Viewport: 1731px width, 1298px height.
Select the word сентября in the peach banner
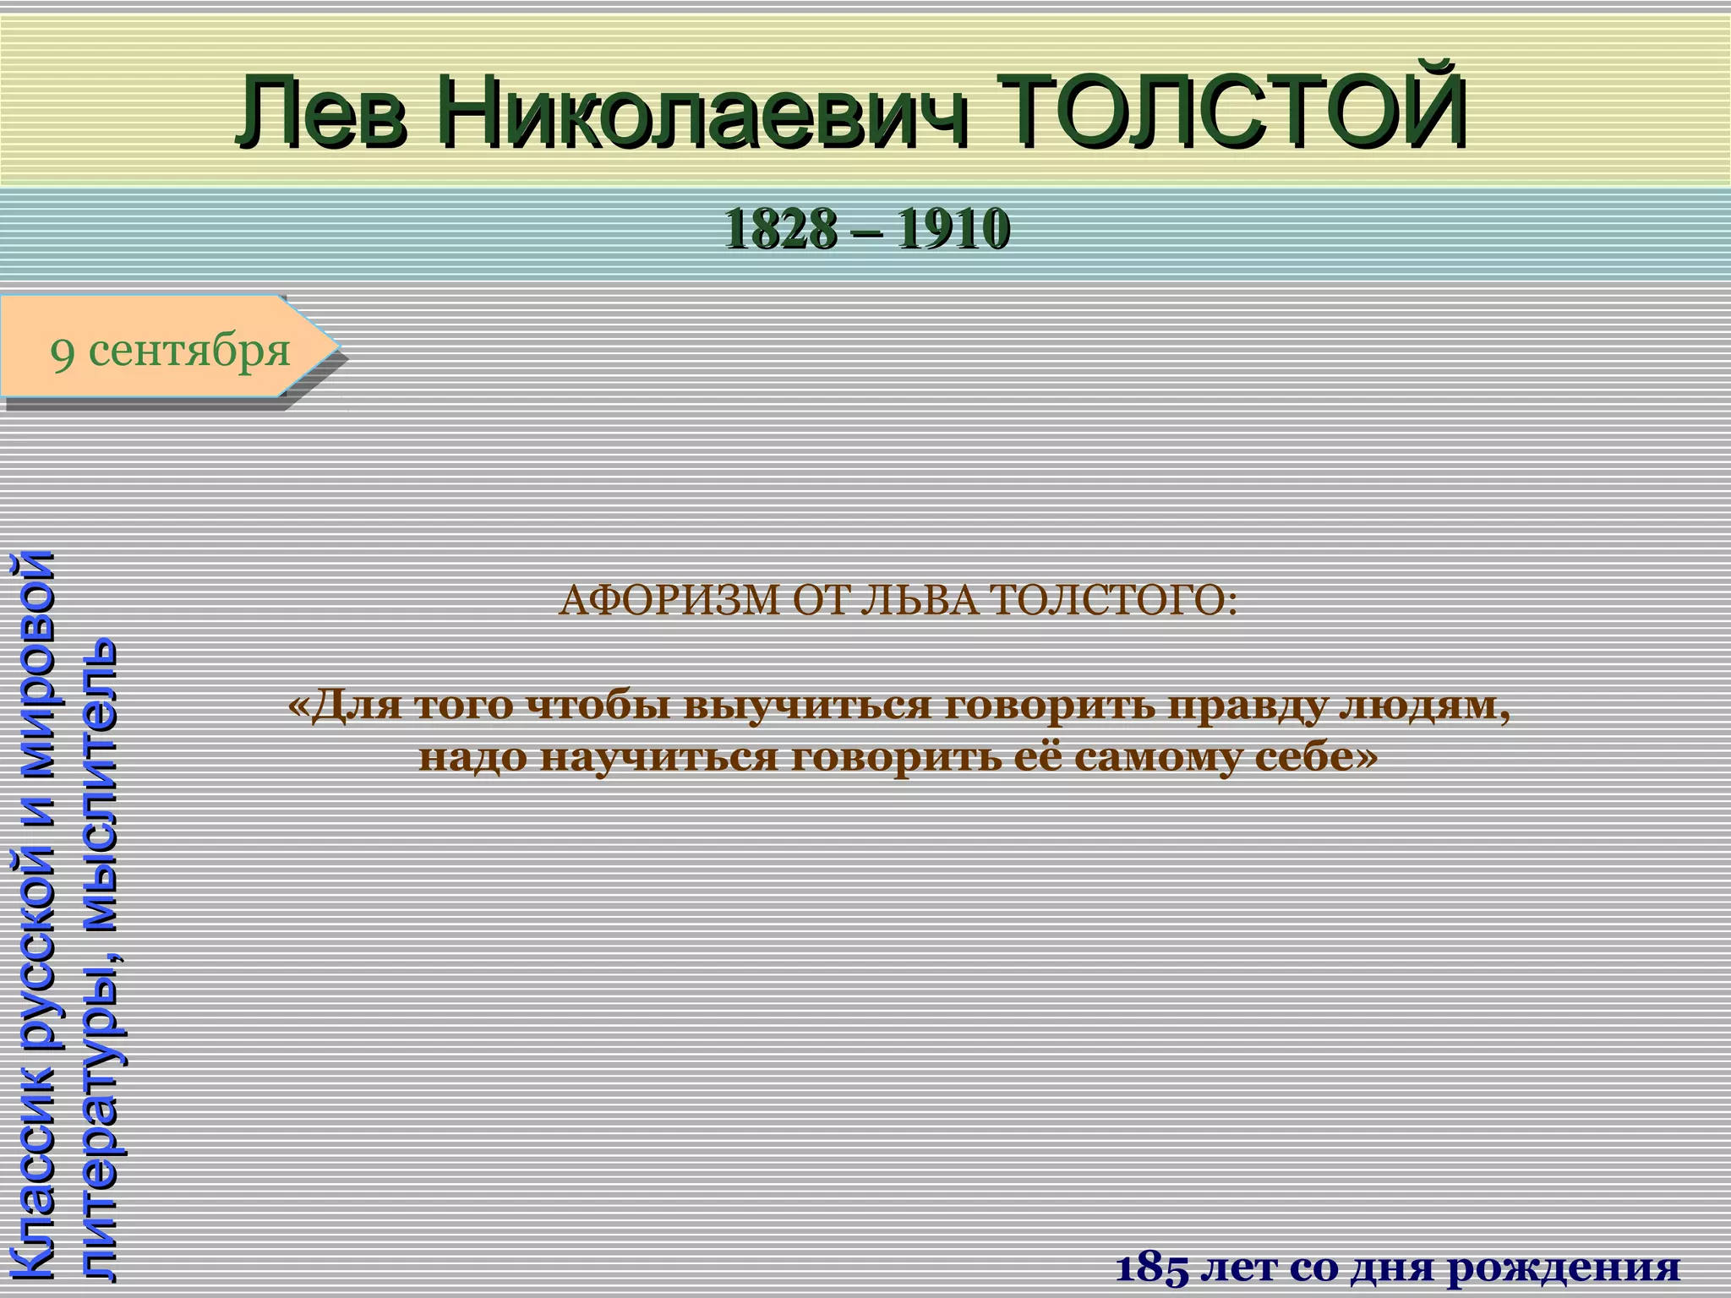pos(189,350)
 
